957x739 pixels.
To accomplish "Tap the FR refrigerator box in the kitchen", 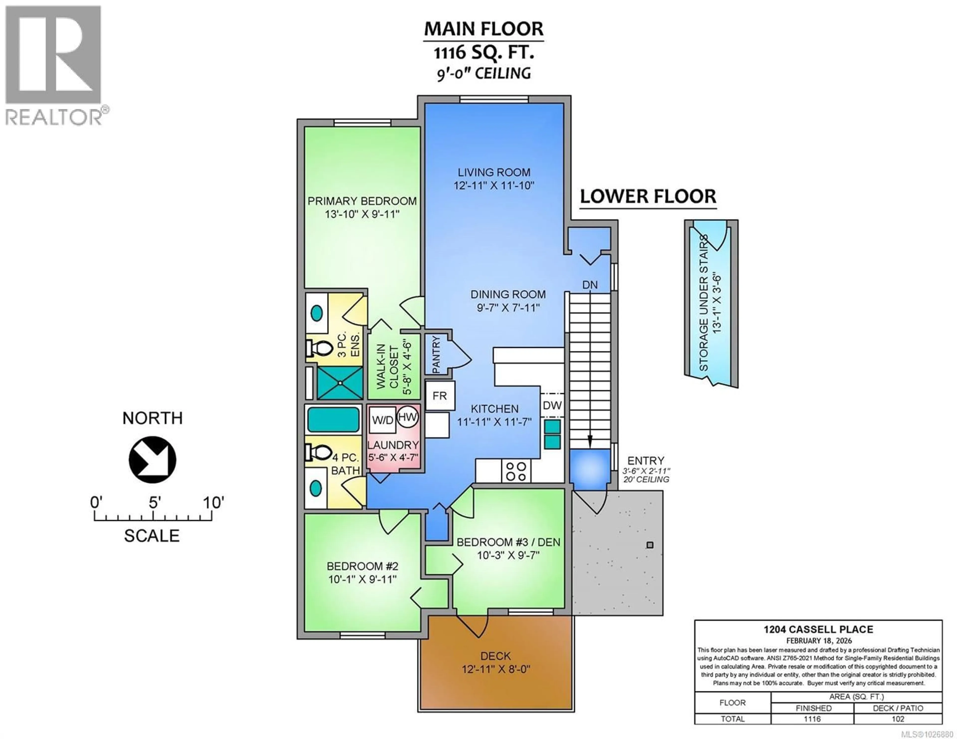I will pyautogui.click(x=440, y=396).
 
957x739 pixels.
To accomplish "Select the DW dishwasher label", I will pyautogui.click(x=552, y=405).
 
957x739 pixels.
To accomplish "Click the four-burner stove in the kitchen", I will pyautogui.click(x=516, y=471).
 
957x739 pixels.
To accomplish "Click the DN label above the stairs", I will pyautogui.click(x=590, y=285).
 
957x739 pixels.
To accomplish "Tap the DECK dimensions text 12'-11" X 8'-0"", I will pyautogui.click(x=496, y=669).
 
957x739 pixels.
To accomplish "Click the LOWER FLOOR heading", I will pyautogui.click(x=648, y=196).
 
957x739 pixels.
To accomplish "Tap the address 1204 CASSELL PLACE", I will pyautogui.click(x=818, y=629).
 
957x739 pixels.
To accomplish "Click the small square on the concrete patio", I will pyautogui.click(x=650, y=545).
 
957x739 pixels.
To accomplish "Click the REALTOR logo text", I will pyautogui.click(x=54, y=117).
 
